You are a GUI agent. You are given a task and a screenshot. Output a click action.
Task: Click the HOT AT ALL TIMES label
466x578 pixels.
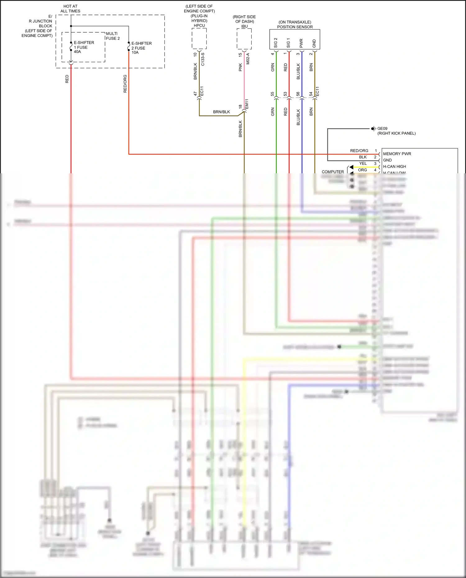click(x=70, y=9)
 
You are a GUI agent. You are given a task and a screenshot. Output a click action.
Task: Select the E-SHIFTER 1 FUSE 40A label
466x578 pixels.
click(x=84, y=47)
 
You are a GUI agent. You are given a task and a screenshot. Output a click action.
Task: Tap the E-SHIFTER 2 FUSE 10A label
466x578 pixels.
click(x=141, y=48)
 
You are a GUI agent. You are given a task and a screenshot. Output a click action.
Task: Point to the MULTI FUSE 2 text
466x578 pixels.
click(x=112, y=36)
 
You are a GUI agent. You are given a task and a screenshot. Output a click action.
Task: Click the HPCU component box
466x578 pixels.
click(x=199, y=39)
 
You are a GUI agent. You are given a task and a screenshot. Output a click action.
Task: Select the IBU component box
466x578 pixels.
click(x=244, y=39)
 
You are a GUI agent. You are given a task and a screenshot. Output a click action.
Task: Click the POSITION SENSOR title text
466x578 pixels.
click(x=295, y=27)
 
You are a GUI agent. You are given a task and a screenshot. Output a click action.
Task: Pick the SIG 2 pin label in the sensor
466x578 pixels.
click(x=276, y=43)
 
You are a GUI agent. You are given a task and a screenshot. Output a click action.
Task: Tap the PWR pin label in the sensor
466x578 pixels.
click(x=301, y=43)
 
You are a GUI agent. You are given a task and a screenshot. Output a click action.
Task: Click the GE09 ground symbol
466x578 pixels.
click(x=373, y=129)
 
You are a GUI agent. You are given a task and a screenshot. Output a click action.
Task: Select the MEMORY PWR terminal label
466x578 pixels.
click(x=397, y=154)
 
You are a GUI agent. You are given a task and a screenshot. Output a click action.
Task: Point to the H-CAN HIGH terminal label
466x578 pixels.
click(x=394, y=166)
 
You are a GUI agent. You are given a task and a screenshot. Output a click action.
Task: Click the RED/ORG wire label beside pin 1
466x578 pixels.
click(x=359, y=151)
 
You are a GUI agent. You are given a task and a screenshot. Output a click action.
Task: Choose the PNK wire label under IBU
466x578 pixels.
click(x=240, y=67)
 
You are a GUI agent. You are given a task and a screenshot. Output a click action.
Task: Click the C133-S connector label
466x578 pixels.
click(x=203, y=59)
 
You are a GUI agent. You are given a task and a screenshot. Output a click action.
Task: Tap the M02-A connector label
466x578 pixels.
click(x=248, y=59)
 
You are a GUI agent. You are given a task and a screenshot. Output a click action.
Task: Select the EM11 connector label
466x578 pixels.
click(x=247, y=104)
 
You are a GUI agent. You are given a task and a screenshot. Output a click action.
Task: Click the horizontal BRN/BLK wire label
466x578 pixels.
click(x=221, y=112)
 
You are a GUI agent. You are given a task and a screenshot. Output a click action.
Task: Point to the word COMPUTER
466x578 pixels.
click(x=332, y=172)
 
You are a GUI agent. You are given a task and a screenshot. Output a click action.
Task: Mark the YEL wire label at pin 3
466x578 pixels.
click(x=363, y=163)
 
